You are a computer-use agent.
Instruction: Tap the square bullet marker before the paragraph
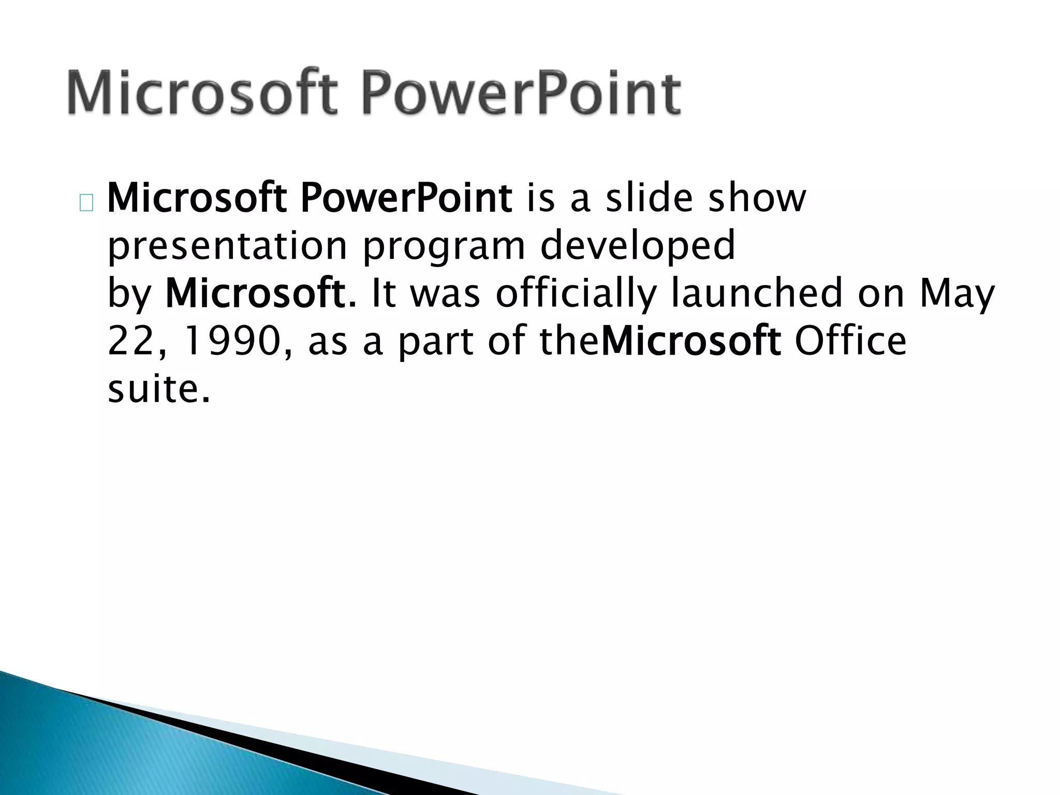tap(86, 204)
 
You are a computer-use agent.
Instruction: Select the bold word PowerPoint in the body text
tap(406, 199)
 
